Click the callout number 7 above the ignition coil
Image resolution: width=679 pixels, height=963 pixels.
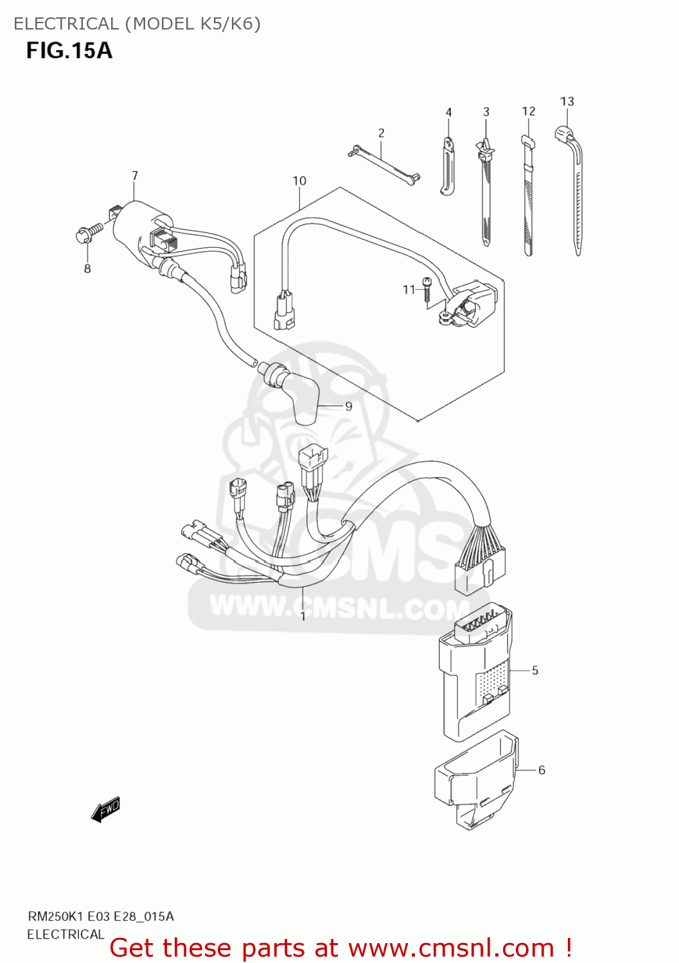(135, 175)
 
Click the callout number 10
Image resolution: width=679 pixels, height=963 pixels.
(299, 181)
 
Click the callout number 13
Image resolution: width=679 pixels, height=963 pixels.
(567, 101)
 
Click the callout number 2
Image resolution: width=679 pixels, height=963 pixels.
(381, 133)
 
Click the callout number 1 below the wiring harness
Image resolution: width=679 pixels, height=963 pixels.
(303, 617)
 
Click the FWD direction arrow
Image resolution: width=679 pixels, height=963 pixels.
(105, 810)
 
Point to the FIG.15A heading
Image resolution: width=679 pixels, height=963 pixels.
(69, 50)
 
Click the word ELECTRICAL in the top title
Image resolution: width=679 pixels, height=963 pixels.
(66, 24)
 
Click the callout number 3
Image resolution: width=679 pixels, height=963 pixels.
(486, 112)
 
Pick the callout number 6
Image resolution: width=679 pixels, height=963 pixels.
(542, 770)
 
